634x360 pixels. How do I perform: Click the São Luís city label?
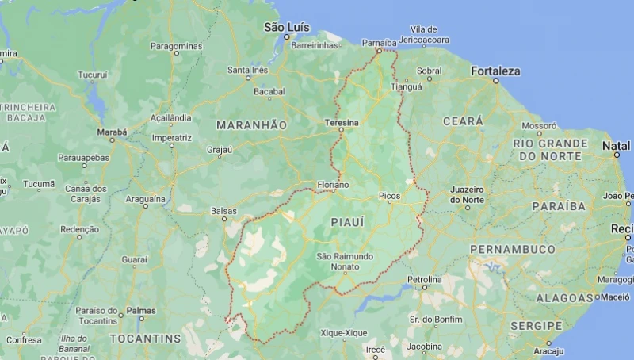tap(285, 27)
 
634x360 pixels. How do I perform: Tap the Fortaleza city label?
tap(495, 71)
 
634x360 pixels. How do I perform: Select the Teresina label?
tap(342, 123)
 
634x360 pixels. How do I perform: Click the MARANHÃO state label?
tap(252, 125)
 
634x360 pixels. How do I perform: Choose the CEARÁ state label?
tap(462, 121)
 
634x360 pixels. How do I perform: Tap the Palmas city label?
tap(141, 311)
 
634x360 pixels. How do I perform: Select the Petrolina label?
tap(425, 280)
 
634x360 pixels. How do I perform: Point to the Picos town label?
tap(389, 196)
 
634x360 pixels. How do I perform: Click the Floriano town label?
tap(332, 185)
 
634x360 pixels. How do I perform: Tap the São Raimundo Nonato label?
tap(344, 262)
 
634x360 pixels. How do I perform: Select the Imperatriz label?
tap(172, 137)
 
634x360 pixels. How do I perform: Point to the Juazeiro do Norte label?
tap(467, 194)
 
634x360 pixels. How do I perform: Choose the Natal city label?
tap(617, 146)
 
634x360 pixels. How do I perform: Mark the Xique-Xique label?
tap(343, 333)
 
